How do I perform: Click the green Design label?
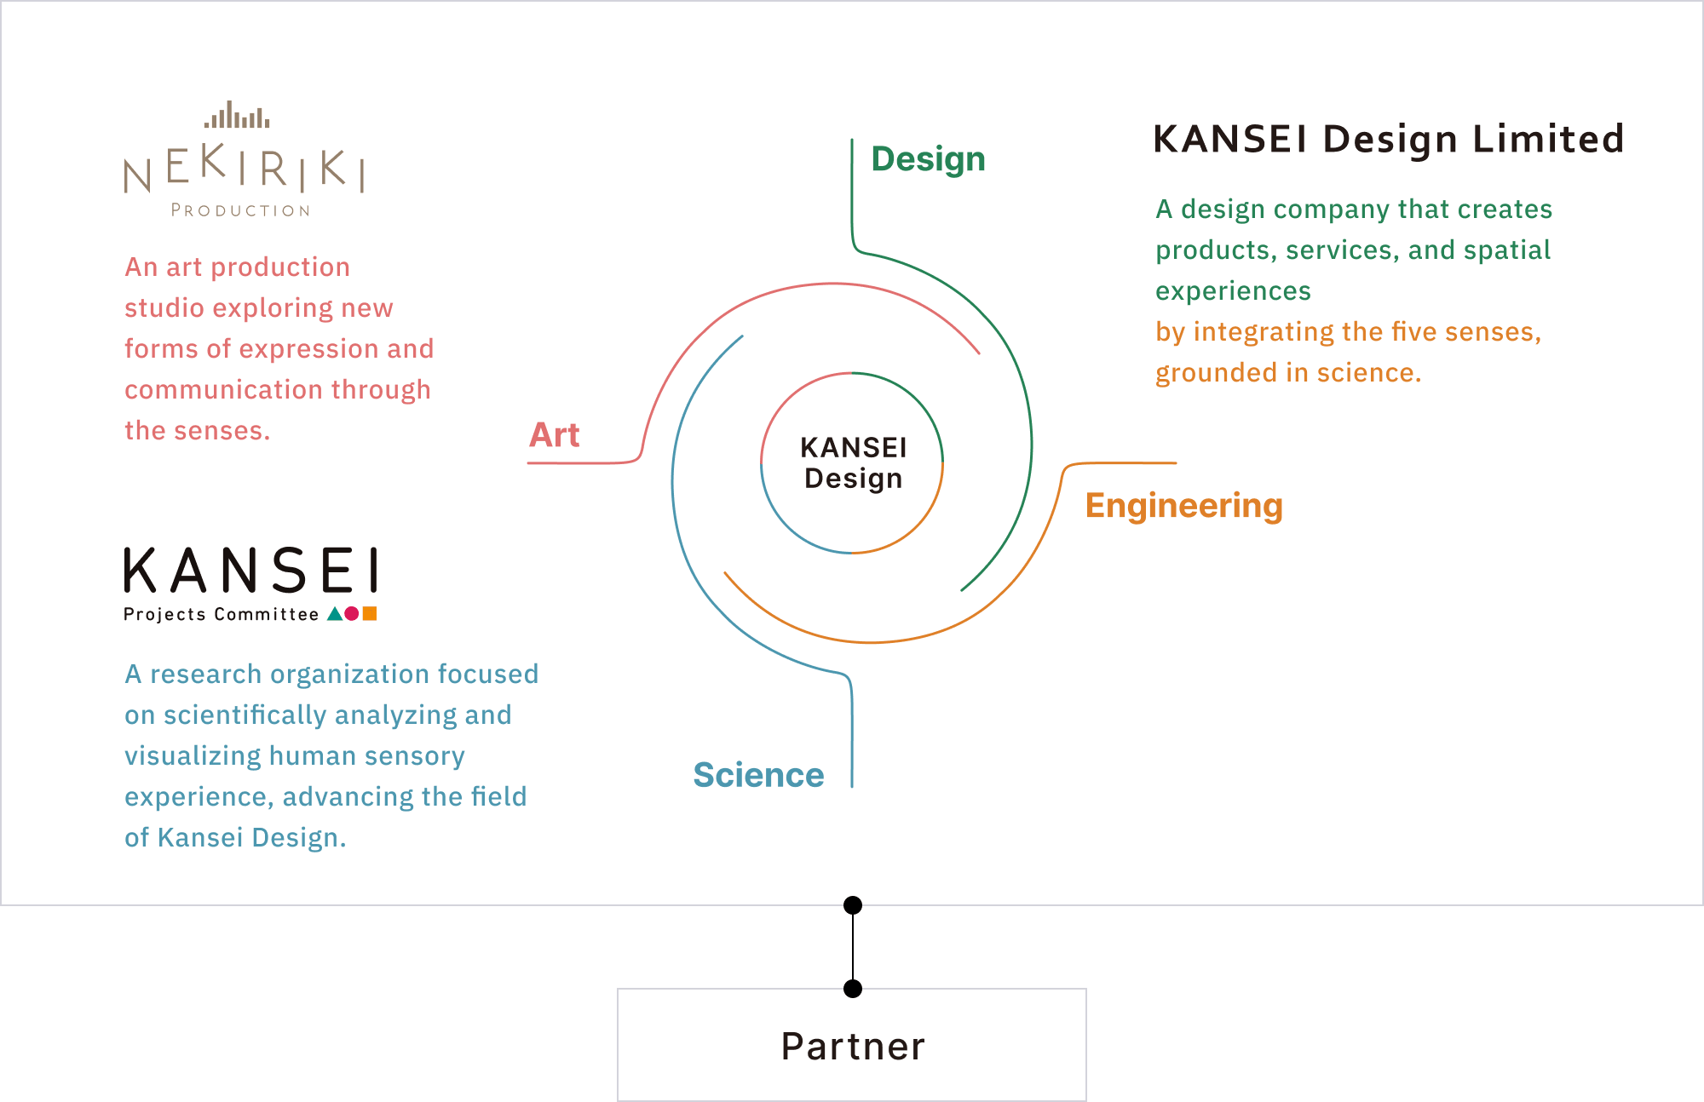click(x=928, y=160)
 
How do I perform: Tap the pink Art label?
click(x=555, y=435)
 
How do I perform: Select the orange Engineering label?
click(x=1183, y=506)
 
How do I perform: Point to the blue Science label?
click(x=758, y=775)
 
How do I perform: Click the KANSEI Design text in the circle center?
click(x=853, y=463)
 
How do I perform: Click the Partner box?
click(x=852, y=1046)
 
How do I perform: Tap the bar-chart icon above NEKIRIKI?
click(x=238, y=116)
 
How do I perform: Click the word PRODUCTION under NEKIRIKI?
click(x=240, y=210)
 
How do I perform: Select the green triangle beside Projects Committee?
click(x=335, y=613)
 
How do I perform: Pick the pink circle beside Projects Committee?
click(x=352, y=613)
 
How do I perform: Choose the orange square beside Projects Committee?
click(x=370, y=613)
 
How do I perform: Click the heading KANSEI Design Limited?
click(x=1389, y=140)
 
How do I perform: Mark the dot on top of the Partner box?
click(x=852, y=989)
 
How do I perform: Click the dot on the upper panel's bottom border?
click(x=852, y=904)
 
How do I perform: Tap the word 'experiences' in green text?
click(x=1233, y=291)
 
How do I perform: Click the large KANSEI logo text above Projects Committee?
click(x=251, y=571)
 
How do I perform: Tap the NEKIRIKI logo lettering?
click(x=245, y=169)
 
